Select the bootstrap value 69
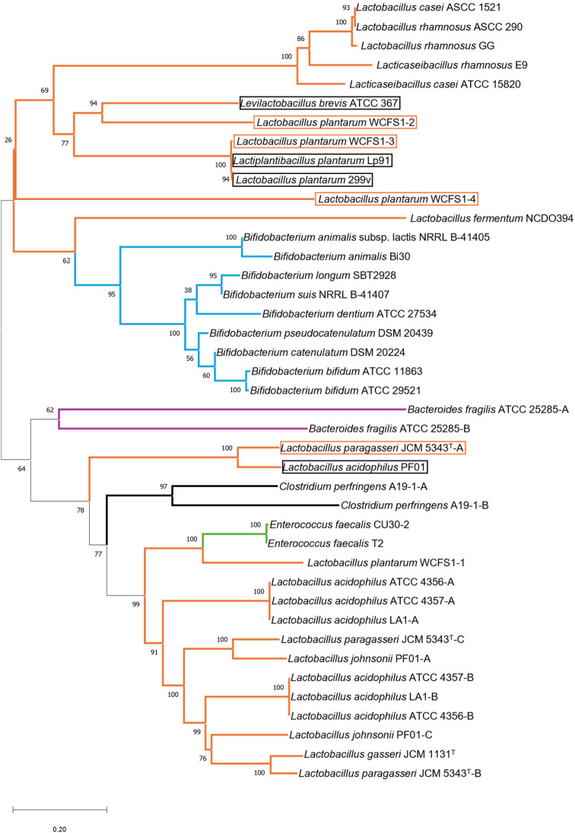coord(45,90)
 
